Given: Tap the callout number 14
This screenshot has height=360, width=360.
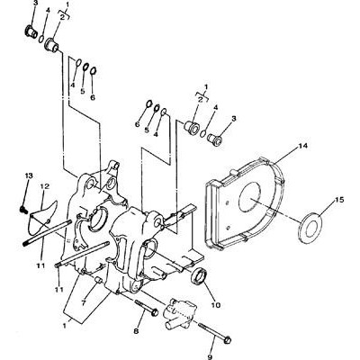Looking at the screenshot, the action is click(x=303, y=146).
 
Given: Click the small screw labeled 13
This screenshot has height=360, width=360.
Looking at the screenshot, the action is click(x=22, y=210).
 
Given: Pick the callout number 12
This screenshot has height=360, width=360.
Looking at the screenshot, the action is click(x=44, y=186).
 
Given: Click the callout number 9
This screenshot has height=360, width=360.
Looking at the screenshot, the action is click(x=210, y=356).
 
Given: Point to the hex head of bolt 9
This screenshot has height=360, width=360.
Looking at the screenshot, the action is click(x=227, y=340).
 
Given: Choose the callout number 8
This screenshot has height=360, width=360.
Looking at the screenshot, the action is click(x=136, y=331).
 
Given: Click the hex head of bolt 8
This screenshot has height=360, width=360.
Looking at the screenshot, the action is click(x=154, y=311).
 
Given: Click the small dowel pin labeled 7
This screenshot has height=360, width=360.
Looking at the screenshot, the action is click(x=99, y=280).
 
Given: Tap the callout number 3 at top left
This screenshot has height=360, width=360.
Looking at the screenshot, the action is click(x=36, y=4).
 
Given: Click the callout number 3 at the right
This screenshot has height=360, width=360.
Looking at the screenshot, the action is click(x=234, y=118).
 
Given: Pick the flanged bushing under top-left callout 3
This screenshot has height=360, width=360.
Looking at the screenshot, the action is click(x=31, y=32).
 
